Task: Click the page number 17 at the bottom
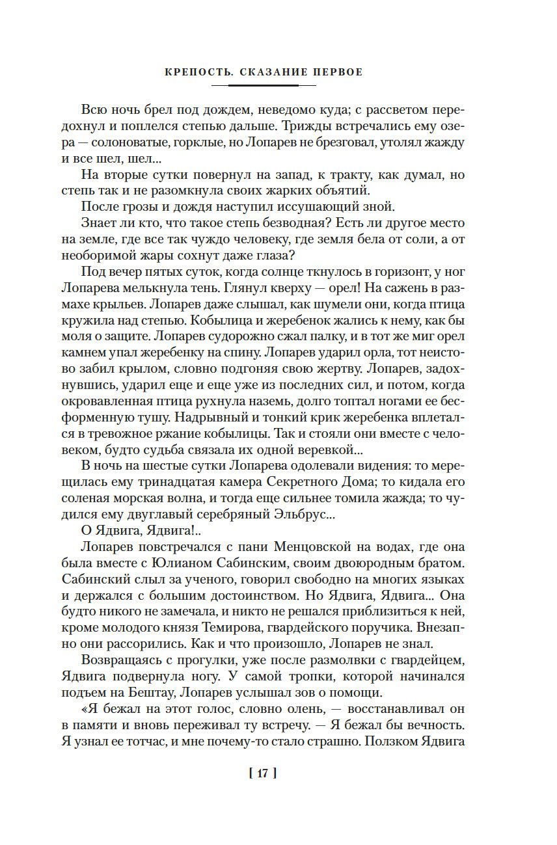click(262, 773)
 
